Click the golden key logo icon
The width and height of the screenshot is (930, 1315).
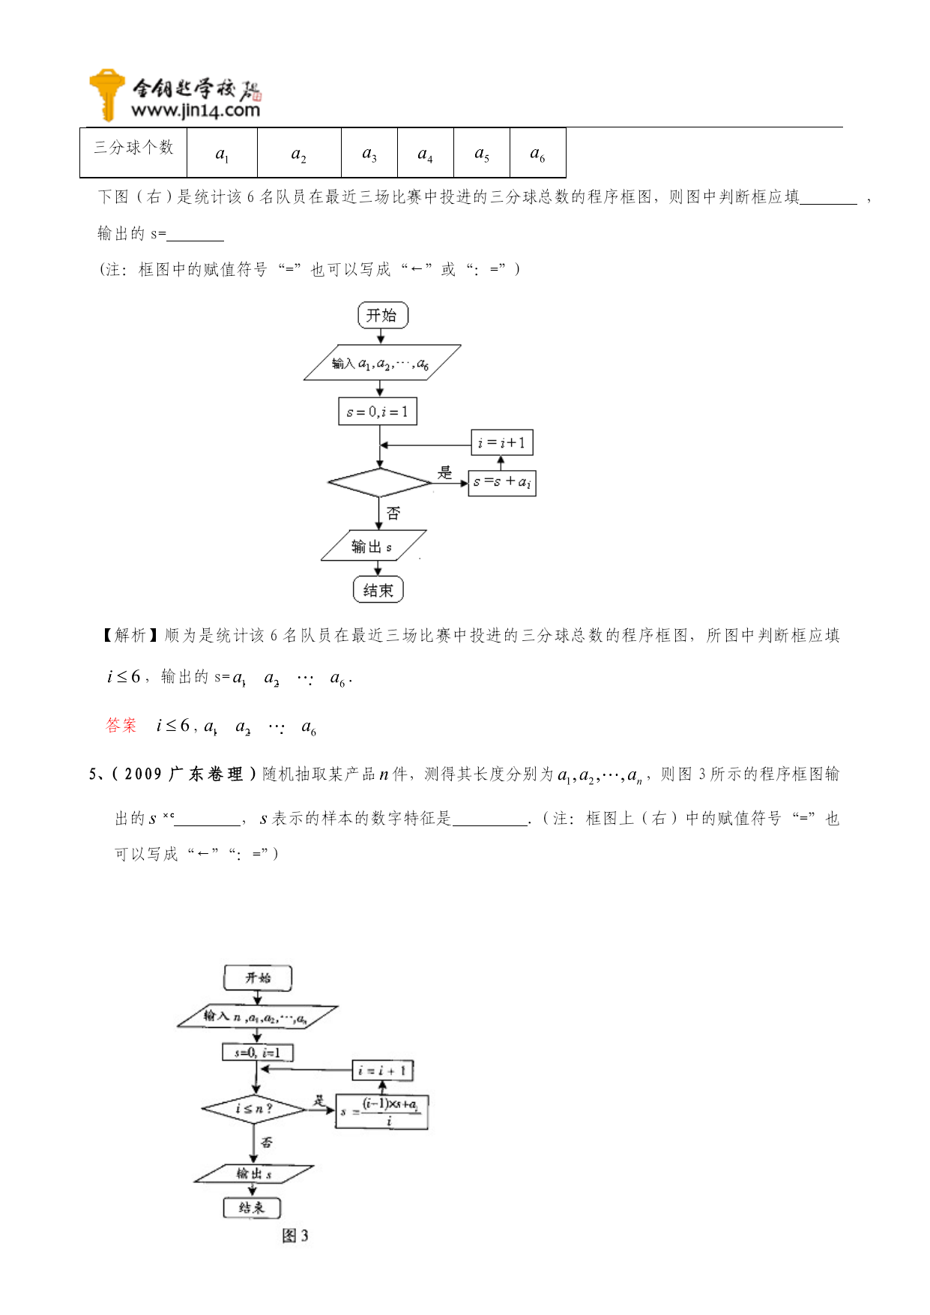coord(106,94)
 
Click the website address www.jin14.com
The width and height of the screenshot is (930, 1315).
coord(195,111)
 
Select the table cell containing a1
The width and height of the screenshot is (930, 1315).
coord(222,153)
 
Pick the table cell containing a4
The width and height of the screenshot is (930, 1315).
coord(425,153)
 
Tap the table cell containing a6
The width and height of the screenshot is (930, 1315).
coord(537,153)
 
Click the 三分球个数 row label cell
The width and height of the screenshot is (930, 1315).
coord(133,148)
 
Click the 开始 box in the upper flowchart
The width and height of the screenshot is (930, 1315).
coord(382,316)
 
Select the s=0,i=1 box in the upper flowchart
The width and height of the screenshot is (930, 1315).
coord(377,412)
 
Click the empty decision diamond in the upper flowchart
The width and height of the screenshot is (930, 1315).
coord(379,483)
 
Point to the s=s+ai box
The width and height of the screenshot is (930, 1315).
coord(501,482)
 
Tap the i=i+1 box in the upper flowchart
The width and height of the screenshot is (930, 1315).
coord(501,442)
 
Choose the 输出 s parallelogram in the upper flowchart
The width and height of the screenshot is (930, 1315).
coord(372,547)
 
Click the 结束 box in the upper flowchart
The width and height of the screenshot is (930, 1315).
coord(378,590)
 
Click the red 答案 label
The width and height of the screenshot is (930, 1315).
coord(121,725)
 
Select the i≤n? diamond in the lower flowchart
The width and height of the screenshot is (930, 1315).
coord(253,1109)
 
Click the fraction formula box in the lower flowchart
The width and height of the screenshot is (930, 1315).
coord(382,1112)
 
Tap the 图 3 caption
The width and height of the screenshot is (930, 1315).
coord(295,1236)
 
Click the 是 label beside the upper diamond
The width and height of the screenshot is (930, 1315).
coord(445,472)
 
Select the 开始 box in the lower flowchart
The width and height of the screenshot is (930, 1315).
coord(258,978)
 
